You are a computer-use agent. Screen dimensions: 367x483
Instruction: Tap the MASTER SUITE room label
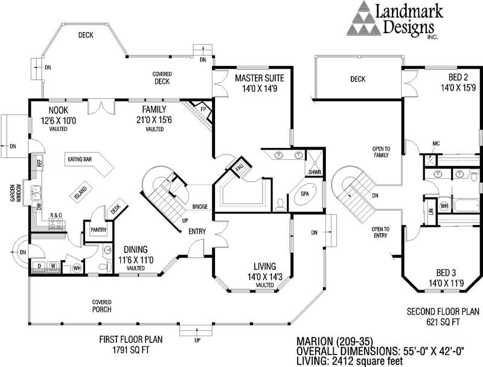259,78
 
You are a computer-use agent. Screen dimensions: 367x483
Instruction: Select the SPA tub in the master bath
305,194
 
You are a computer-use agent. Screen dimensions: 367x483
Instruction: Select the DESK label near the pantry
117,208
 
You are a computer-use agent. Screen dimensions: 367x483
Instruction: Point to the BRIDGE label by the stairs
200,207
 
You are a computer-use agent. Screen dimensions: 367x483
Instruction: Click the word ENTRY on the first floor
197,231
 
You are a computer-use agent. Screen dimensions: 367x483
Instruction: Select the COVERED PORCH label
101,305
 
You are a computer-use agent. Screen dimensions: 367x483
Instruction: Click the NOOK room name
59,110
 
